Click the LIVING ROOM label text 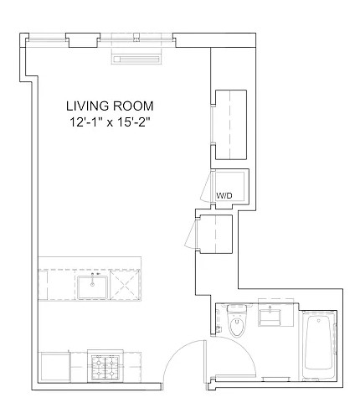(110, 106)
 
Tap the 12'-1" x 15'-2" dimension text (110, 122)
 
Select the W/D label (224, 196)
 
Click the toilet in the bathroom (237, 321)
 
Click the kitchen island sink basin (92, 287)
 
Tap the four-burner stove (105, 367)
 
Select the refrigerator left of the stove (55, 366)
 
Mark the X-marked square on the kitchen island (125, 285)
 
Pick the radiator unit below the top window (136, 59)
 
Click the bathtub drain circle (319, 321)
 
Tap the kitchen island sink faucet (93, 278)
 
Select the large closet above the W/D (231, 125)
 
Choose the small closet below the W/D (216, 234)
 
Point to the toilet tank (237, 308)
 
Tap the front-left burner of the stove (98, 372)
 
